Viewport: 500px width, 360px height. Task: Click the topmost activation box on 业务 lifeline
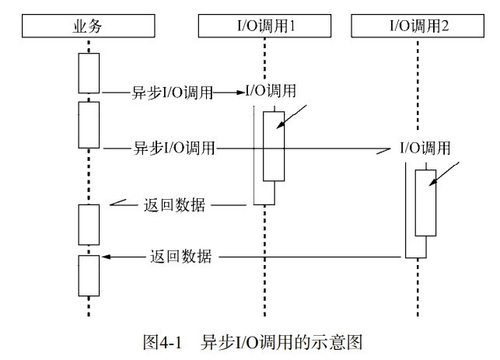pyautogui.click(x=89, y=72)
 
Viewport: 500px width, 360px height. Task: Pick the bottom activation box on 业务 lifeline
pyautogui.click(x=89, y=275)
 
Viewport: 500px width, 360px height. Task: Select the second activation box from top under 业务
pyautogui.click(x=89, y=124)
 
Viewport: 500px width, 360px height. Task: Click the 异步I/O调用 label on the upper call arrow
pyautogui.click(x=172, y=93)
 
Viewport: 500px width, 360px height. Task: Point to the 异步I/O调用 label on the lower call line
pyautogui.click(x=175, y=147)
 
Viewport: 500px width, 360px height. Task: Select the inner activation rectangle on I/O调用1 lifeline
pyautogui.click(x=273, y=145)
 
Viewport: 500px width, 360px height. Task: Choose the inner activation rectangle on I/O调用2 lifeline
pyautogui.click(x=425, y=203)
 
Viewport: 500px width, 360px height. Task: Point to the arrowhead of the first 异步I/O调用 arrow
pyautogui.click(x=241, y=93)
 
